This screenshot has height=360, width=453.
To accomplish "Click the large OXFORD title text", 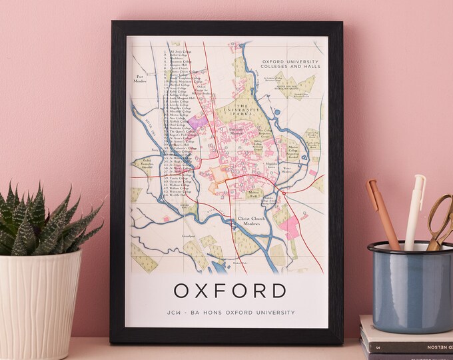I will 229,291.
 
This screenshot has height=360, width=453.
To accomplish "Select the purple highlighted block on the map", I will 197,121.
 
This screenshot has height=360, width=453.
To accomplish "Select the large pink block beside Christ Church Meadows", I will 290,227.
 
